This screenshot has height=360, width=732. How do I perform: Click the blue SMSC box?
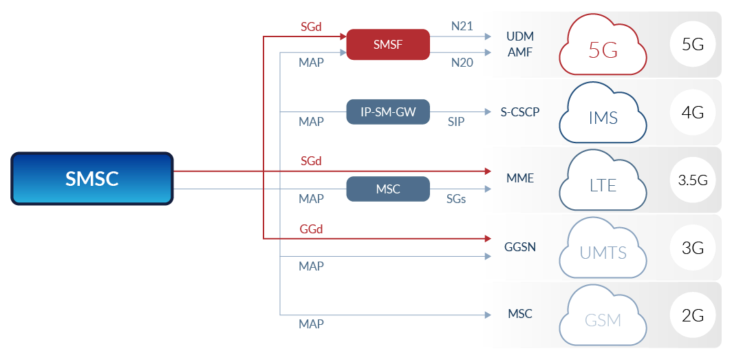point(92,179)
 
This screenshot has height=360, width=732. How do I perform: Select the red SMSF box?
point(387,45)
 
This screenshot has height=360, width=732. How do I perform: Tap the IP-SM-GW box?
point(387,112)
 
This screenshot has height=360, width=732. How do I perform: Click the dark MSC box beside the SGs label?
point(387,189)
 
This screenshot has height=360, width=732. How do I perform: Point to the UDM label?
point(519,36)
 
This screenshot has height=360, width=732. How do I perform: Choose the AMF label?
point(519,53)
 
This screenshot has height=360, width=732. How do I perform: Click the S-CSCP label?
point(519,112)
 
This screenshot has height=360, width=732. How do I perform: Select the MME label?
point(519,178)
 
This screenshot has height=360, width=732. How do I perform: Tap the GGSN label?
point(519,246)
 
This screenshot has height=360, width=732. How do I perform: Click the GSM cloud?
point(603,317)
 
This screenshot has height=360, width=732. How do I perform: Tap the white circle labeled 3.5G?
point(692,181)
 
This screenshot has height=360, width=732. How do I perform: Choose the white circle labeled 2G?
point(692,316)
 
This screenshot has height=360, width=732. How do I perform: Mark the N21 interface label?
point(462,27)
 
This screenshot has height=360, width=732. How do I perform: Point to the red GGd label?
point(311,229)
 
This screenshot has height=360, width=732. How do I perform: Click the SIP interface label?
point(455,123)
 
